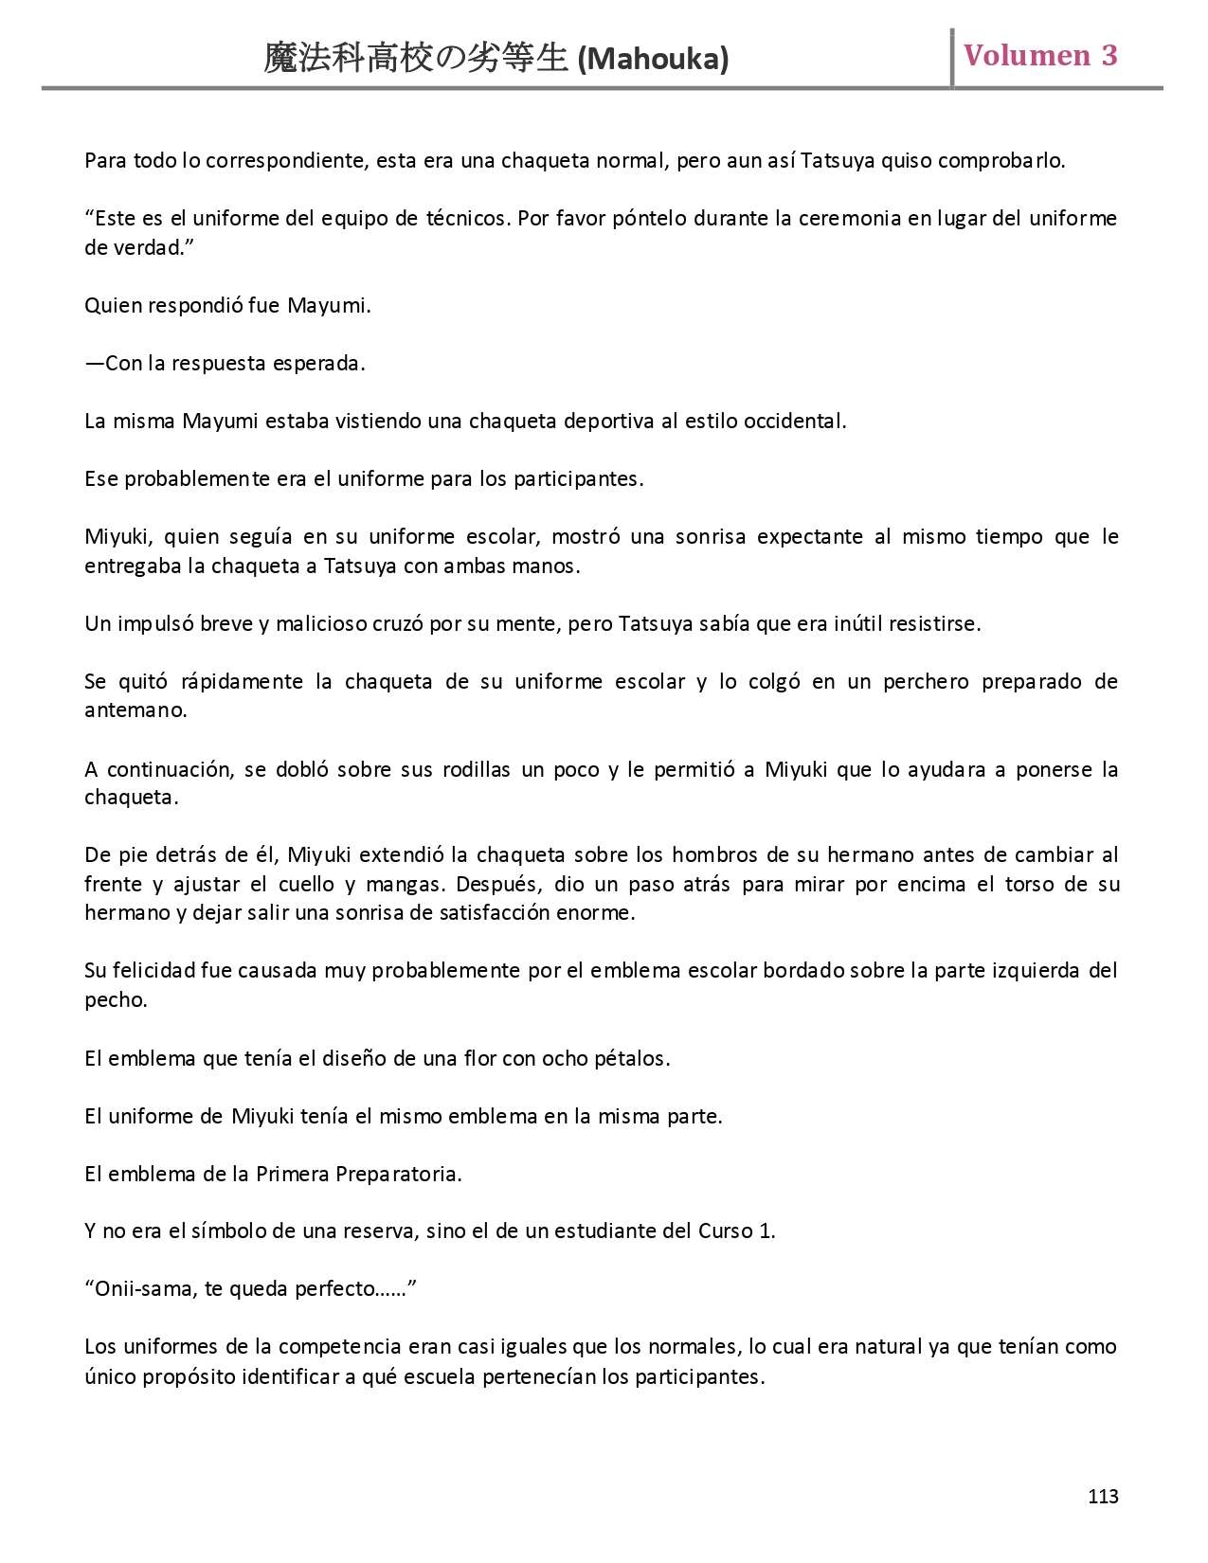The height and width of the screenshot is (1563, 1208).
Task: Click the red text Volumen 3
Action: [x=1039, y=56]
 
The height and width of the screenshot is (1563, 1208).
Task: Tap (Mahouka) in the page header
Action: [x=653, y=60]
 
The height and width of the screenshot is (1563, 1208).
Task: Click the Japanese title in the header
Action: [x=418, y=60]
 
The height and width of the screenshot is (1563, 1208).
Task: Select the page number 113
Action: [x=1103, y=1497]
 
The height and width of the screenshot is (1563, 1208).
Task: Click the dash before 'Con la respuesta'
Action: [x=94, y=364]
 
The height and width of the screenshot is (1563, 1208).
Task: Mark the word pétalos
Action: [x=634, y=1058]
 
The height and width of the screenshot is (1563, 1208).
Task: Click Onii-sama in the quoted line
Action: [x=143, y=1289]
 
